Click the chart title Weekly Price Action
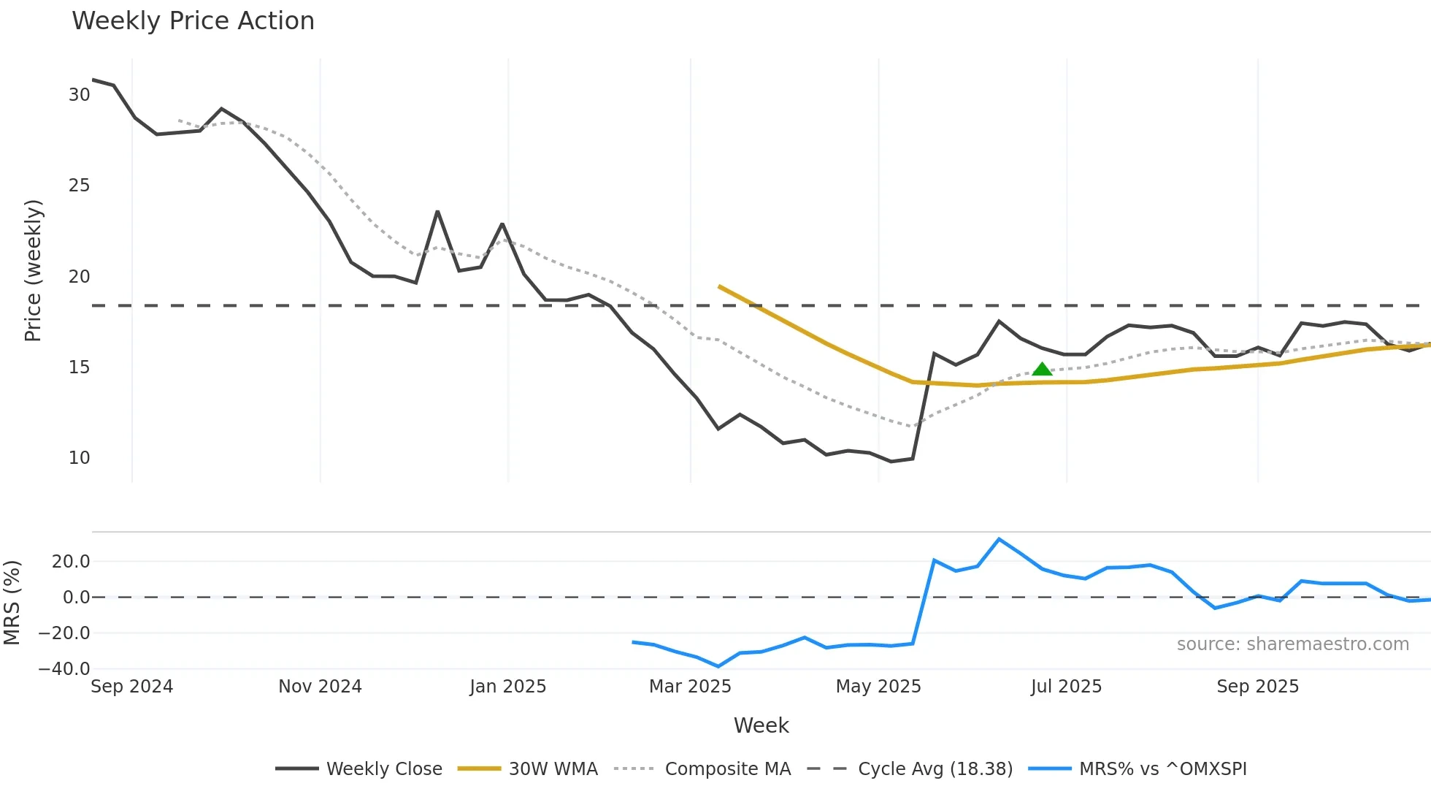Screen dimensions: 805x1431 193,21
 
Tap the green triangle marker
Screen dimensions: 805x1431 1042,369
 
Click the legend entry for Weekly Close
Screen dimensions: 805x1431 359,768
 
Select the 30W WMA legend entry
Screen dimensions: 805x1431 528,768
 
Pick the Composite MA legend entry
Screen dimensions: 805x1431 703,768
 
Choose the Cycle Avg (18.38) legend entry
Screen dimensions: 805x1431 910,768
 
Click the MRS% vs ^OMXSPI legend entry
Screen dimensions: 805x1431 1137,768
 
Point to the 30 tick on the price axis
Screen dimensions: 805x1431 79,95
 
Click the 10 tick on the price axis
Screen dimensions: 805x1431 79,458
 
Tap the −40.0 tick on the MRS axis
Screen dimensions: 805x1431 64,668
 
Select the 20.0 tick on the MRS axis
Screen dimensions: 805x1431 71,562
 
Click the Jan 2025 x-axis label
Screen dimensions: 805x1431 507,687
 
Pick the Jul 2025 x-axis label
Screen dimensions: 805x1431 1066,687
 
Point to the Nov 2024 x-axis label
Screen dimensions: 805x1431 320,687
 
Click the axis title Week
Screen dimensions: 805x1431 761,725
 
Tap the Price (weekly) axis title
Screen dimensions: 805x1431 33,270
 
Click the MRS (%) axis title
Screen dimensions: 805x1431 12,603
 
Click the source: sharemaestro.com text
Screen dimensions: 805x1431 1292,644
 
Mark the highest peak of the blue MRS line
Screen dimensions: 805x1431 999,539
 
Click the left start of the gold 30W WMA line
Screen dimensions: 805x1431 720,286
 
